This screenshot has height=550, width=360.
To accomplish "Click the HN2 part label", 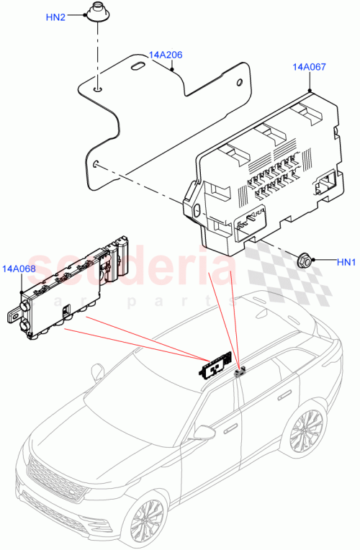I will click(55, 17).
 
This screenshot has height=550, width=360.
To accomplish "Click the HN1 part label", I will click(346, 263).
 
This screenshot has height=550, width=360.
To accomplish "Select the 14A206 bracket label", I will click(166, 55).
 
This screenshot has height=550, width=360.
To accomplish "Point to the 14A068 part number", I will click(19, 269).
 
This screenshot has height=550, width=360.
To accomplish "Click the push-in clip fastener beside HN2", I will click(96, 14).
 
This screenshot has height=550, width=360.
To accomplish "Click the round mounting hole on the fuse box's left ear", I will click(197, 211).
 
